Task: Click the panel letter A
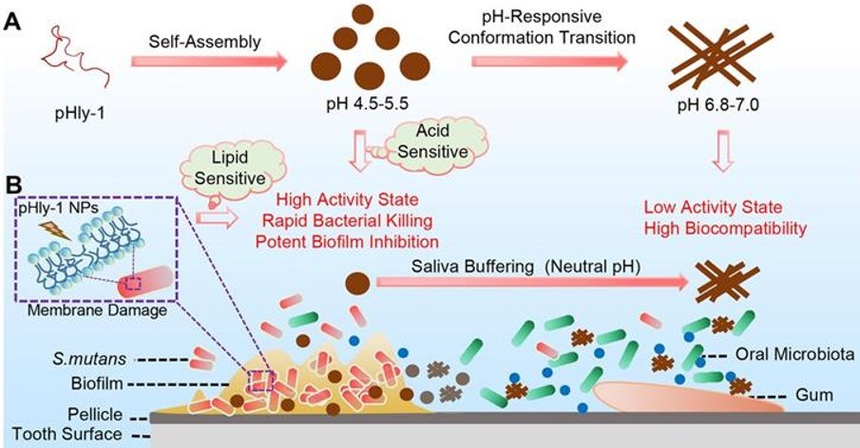[12, 21]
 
